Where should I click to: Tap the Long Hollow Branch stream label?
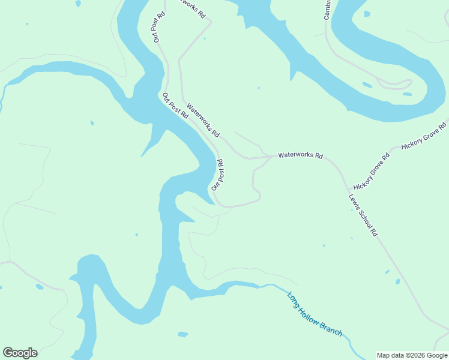click(315, 314)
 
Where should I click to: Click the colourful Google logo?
click(20, 353)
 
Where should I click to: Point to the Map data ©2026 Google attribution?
click(412, 355)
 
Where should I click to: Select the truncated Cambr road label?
click(327, 10)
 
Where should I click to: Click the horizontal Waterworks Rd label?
click(300, 156)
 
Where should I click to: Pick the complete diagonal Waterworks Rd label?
click(203, 120)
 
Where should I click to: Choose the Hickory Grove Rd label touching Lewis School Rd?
click(372, 172)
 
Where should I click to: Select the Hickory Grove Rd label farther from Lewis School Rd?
click(425, 135)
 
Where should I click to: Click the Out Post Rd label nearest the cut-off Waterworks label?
click(158, 27)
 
